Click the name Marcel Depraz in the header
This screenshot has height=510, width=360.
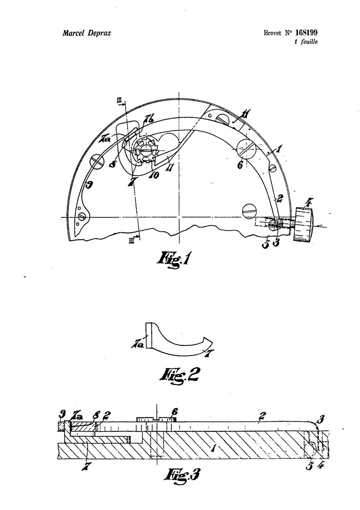point(87,33)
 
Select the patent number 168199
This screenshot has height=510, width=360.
point(306,33)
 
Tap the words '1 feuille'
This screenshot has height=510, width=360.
point(306,42)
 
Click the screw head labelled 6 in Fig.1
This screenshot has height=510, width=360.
point(247,148)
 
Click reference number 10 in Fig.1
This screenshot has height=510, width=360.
point(154,175)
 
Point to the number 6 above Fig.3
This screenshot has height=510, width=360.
point(175,412)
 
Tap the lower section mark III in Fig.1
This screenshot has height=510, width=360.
point(131,241)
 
